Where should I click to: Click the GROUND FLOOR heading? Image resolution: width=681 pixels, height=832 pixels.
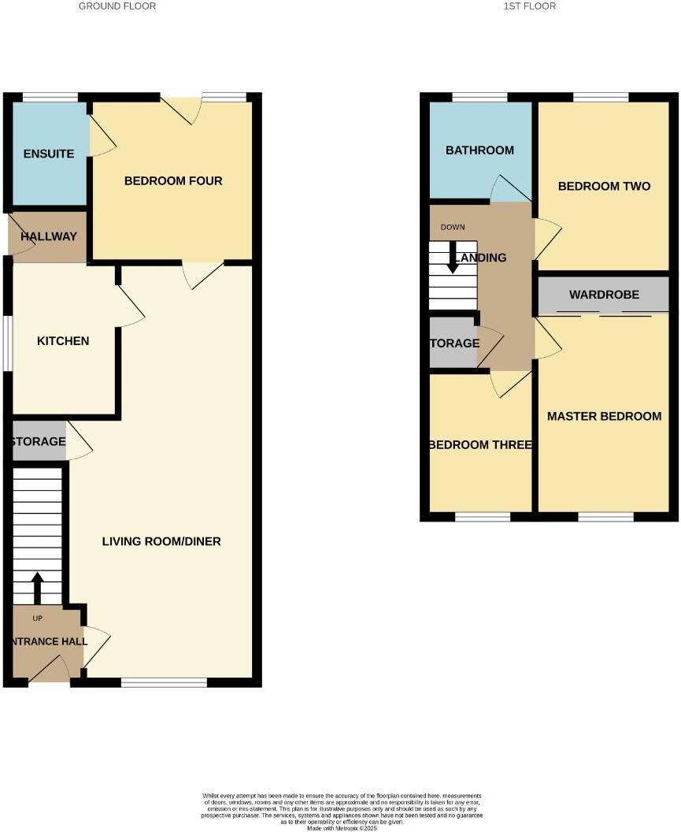pyautogui.click(x=117, y=6)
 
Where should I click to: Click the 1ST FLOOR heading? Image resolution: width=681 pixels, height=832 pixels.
pyautogui.click(x=530, y=6)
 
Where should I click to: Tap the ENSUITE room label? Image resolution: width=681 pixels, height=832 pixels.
pyautogui.click(x=49, y=154)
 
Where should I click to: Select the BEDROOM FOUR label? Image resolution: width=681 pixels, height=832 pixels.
pyautogui.click(x=173, y=181)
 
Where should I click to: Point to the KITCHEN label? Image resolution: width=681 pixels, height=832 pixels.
pyautogui.click(x=63, y=341)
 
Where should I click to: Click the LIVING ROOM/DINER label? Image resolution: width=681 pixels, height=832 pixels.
pyautogui.click(x=161, y=541)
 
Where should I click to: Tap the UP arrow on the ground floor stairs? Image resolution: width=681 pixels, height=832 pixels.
pyautogui.click(x=37, y=587)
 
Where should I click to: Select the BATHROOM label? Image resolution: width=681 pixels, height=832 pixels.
pyautogui.click(x=479, y=150)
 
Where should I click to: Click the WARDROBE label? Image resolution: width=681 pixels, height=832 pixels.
pyautogui.click(x=604, y=295)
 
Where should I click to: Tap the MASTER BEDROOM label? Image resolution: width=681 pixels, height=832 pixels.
pyautogui.click(x=604, y=416)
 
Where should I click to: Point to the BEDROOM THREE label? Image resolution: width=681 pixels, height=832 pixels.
pyautogui.click(x=480, y=445)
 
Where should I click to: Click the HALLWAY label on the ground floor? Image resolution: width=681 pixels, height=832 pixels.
pyautogui.click(x=49, y=236)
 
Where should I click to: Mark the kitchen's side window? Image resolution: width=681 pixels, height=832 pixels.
pyautogui.click(x=7, y=343)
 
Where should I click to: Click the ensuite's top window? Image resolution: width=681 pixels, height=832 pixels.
pyautogui.click(x=50, y=98)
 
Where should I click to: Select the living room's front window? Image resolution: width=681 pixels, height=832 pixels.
pyautogui.click(x=164, y=682)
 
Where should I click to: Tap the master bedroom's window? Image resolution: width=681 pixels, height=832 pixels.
pyautogui.click(x=605, y=517)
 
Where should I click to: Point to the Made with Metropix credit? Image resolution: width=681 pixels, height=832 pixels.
pyautogui.click(x=342, y=828)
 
